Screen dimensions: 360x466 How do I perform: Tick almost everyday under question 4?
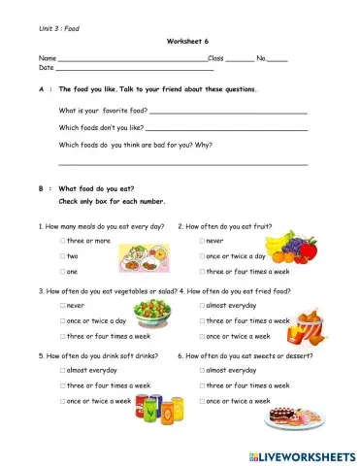pyautogui.click(x=203, y=305)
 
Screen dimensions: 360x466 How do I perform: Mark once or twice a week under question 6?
pyautogui.click(x=203, y=401)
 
